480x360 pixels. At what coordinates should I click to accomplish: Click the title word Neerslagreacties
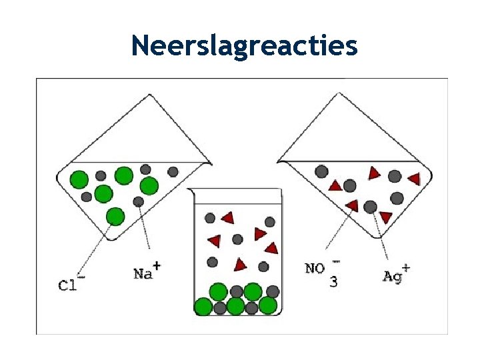click(x=244, y=45)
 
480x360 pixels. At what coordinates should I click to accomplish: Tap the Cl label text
click(x=67, y=285)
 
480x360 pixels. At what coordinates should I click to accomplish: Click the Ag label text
click(x=393, y=275)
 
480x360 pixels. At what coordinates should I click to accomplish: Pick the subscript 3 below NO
click(x=333, y=282)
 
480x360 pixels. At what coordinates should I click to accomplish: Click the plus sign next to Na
click(x=157, y=265)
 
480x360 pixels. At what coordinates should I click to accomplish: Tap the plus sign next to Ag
click(x=405, y=267)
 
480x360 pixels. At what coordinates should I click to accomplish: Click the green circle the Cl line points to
click(x=115, y=216)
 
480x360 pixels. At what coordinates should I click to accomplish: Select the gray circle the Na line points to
click(x=138, y=201)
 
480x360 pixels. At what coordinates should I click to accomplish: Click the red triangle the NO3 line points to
click(x=351, y=205)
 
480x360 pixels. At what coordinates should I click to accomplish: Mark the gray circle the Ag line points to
click(x=371, y=207)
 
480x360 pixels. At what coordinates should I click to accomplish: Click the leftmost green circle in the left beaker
click(x=79, y=179)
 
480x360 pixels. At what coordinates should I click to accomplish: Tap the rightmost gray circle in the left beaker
click(x=173, y=171)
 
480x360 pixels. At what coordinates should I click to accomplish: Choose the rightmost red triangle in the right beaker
click(x=414, y=179)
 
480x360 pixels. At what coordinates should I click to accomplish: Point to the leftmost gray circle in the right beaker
click(x=321, y=171)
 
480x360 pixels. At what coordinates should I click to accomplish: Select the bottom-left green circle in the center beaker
click(x=203, y=307)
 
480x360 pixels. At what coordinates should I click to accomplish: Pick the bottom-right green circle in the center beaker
click(x=268, y=305)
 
